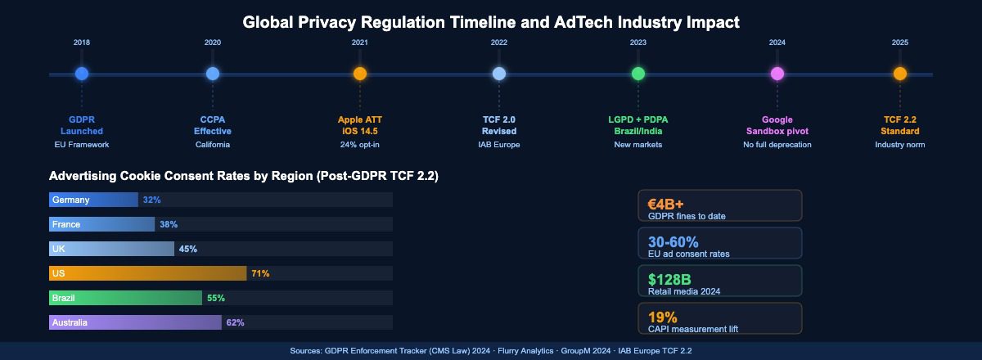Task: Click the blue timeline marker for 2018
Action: [x=82, y=74]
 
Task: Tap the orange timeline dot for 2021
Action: [x=360, y=74]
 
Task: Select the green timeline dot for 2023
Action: [x=638, y=74]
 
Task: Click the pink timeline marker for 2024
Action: [x=777, y=74]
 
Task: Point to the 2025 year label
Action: [x=900, y=42]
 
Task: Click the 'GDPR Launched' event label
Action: [x=82, y=125]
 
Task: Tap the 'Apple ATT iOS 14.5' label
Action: [x=360, y=125]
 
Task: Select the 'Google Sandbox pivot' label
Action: [x=777, y=125]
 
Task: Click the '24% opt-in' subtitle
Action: [x=360, y=145]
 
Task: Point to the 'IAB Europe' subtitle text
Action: [x=499, y=145]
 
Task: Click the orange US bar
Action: [x=147, y=273]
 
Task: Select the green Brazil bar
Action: [x=125, y=298]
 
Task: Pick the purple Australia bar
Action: [x=135, y=322]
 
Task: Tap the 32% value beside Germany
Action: [x=151, y=200]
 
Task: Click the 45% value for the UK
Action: [x=187, y=249]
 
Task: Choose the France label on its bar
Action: [x=65, y=224]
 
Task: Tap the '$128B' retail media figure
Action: [x=669, y=279]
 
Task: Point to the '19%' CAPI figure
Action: [x=662, y=317]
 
